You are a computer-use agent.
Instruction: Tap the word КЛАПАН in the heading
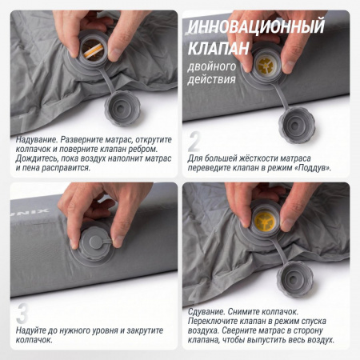(218, 48)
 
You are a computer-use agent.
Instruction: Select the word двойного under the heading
(212, 67)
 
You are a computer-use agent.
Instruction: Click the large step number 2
(194, 141)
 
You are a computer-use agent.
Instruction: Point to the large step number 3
(22, 314)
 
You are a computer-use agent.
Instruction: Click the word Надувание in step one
(36, 139)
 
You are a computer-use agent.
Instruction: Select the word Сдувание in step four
(206, 311)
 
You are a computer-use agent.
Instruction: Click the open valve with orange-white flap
(93, 50)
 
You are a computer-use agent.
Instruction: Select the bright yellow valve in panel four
(265, 220)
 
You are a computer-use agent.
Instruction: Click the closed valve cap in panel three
(94, 242)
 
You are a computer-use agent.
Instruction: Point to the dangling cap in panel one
(122, 108)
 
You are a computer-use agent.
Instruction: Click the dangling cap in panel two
(297, 126)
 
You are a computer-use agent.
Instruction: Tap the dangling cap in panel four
(294, 279)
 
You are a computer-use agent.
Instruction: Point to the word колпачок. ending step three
(34, 340)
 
